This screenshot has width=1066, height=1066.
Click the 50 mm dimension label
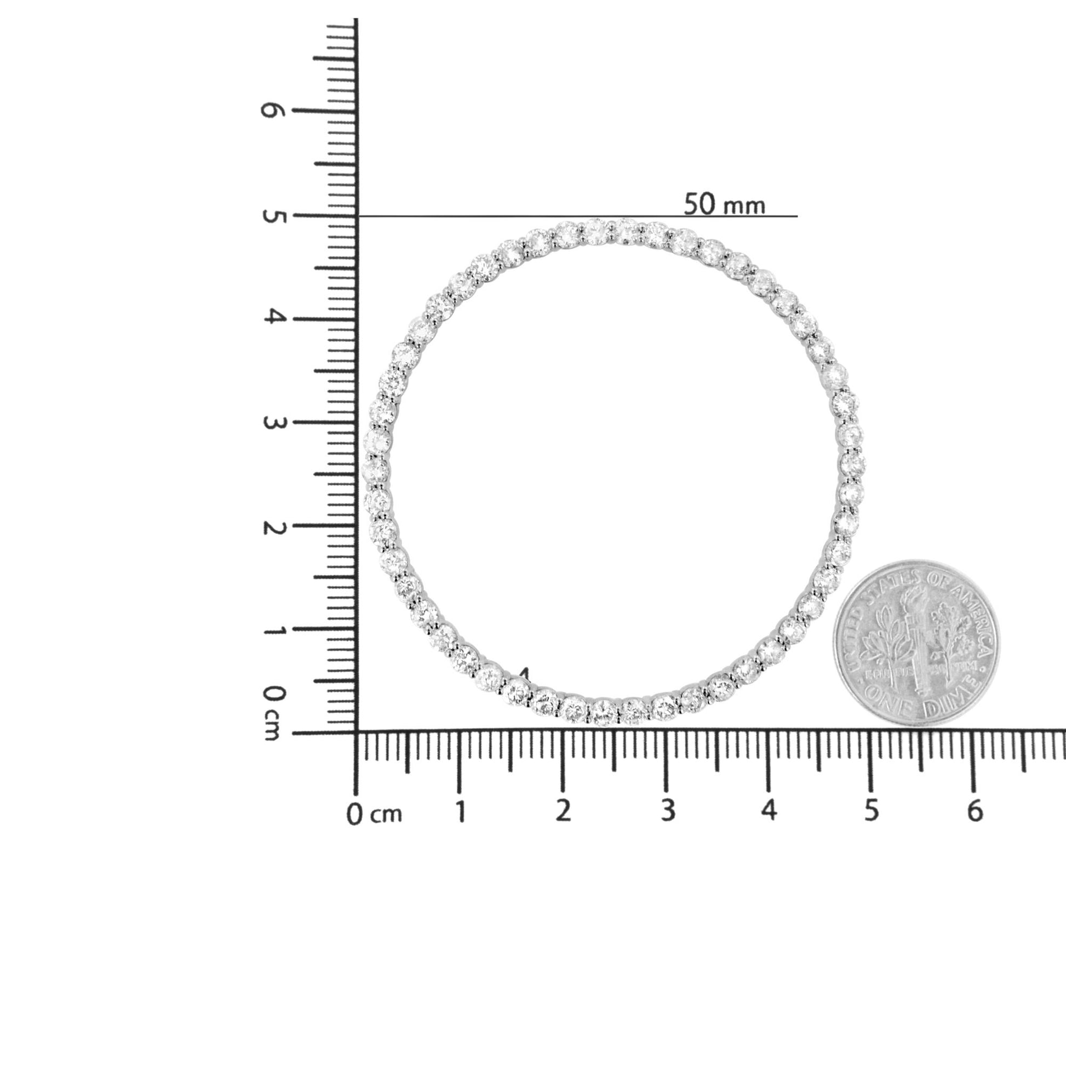coord(725,205)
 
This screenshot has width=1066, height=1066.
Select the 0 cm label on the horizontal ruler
coord(374,815)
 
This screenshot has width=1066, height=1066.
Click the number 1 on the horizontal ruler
coord(460,811)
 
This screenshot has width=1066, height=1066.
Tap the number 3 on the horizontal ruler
coord(667,811)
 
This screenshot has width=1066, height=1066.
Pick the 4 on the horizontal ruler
coord(769,811)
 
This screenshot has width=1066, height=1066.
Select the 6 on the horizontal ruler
coord(975,811)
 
